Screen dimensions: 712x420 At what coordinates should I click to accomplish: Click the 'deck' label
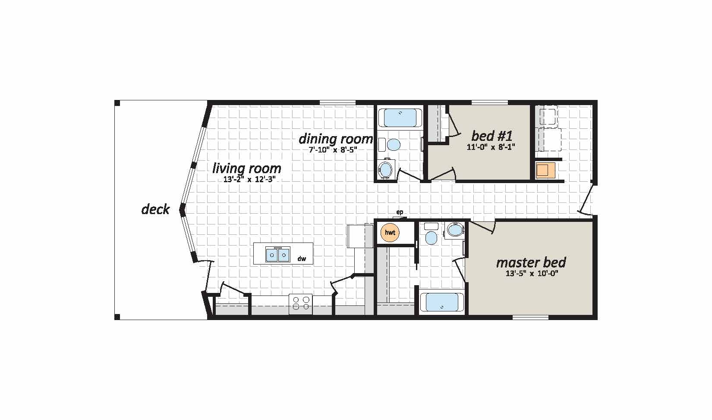coord(155,209)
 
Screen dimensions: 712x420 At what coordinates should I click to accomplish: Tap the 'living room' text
coord(247,168)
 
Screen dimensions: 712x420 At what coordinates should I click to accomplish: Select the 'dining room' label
coord(336,139)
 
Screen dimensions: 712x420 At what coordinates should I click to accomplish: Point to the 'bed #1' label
coord(492,136)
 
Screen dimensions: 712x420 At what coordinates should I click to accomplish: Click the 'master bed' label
coord(531,263)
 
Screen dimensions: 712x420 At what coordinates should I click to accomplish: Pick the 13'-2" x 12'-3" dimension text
coord(249,180)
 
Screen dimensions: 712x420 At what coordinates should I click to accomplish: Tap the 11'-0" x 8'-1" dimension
coord(491,147)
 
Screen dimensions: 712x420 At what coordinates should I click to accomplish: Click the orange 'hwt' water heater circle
coord(390,233)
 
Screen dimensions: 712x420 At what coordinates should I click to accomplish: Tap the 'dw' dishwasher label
coord(302,259)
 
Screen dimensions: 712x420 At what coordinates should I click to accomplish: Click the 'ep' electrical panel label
coord(400,212)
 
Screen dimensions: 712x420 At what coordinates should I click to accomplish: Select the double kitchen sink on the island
coord(278,254)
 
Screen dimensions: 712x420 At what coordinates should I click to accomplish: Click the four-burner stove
coord(301,304)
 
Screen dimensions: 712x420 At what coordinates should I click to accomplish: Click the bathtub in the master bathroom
coord(441,302)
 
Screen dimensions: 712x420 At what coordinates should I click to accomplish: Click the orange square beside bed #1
coord(545,170)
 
